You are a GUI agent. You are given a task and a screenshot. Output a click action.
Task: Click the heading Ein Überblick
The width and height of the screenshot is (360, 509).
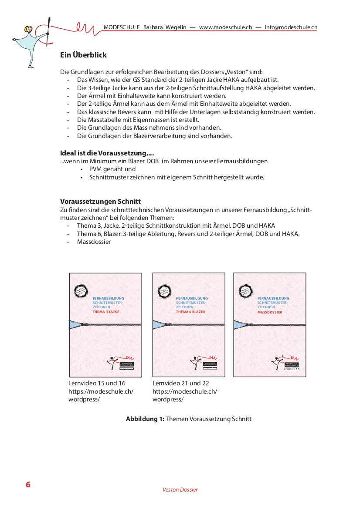(83, 55)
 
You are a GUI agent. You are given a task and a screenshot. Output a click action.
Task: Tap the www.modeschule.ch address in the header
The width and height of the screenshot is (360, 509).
(225, 27)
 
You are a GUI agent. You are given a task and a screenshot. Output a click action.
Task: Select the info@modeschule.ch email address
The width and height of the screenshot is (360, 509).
(291, 27)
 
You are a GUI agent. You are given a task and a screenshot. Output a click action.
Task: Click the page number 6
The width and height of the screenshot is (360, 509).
(28, 485)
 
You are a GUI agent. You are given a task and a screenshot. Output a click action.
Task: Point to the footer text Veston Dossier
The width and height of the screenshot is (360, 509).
(180, 489)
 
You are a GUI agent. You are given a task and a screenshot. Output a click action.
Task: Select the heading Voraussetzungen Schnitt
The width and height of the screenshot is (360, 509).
(100, 202)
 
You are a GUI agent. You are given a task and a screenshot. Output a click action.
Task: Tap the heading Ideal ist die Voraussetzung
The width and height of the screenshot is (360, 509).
(107, 153)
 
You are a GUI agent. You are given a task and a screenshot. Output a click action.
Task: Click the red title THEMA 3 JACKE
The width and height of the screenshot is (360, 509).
(106, 312)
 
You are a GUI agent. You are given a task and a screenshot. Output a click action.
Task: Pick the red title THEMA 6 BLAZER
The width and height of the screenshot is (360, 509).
(190, 312)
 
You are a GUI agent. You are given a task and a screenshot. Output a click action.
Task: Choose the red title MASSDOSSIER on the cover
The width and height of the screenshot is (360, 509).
(270, 312)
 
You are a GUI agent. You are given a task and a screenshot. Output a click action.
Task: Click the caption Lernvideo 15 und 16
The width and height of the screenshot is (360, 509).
(97, 383)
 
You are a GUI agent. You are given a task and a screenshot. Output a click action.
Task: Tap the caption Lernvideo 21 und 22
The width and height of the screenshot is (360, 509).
(181, 383)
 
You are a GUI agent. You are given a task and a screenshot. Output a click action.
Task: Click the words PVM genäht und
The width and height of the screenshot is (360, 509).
(112, 169)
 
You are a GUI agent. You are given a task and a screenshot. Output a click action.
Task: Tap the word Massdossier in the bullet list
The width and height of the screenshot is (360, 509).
(94, 242)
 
